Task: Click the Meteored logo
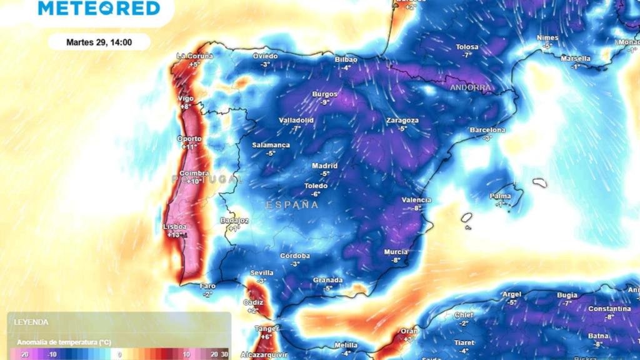(x=99, y=8)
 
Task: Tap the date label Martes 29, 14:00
(x=99, y=42)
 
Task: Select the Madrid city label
(x=324, y=166)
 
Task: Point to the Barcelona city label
(x=487, y=130)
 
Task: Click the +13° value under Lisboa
(x=177, y=235)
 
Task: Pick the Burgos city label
(x=324, y=94)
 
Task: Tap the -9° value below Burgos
(x=324, y=102)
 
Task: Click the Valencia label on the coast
(x=416, y=200)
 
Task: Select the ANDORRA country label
(x=471, y=87)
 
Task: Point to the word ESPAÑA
(x=292, y=205)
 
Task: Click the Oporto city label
(x=189, y=139)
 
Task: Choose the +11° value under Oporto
(x=189, y=147)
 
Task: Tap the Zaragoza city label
(x=402, y=120)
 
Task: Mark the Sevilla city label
(x=261, y=272)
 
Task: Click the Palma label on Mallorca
(x=500, y=196)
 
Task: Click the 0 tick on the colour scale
(x=120, y=354)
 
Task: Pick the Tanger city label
(x=266, y=328)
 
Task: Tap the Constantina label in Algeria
(x=609, y=309)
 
